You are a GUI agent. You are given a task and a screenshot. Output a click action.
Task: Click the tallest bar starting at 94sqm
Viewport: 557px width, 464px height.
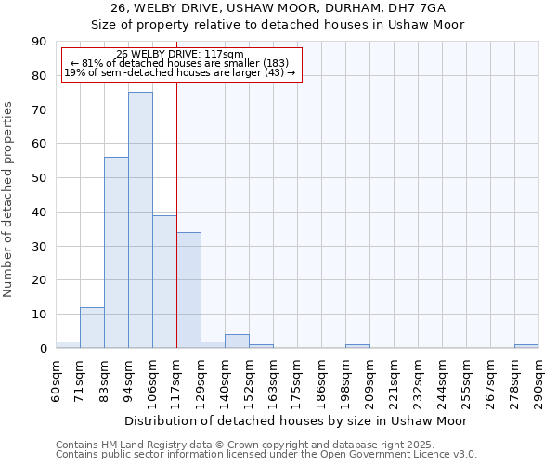pos(140,220)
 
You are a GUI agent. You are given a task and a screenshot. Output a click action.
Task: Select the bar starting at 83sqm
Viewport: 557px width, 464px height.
pos(116,252)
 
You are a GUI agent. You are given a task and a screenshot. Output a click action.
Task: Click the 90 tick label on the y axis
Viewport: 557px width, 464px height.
pos(40,42)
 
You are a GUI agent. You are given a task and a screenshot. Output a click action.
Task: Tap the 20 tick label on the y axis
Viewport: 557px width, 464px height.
pos(40,280)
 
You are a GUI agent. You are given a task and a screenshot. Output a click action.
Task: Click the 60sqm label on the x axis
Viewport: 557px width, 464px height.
pos(56,379)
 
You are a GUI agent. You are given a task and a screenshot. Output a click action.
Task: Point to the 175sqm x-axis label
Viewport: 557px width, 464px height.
pos(297,379)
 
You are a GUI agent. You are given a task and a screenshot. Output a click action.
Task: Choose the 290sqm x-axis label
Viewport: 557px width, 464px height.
pos(538,379)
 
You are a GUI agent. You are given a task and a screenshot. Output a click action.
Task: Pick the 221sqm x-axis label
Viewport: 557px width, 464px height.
pos(394,379)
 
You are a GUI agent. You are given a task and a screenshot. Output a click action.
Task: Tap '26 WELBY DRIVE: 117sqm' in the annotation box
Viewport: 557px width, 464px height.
pos(180,54)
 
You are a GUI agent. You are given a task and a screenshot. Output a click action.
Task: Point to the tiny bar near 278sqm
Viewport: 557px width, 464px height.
pos(526,346)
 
